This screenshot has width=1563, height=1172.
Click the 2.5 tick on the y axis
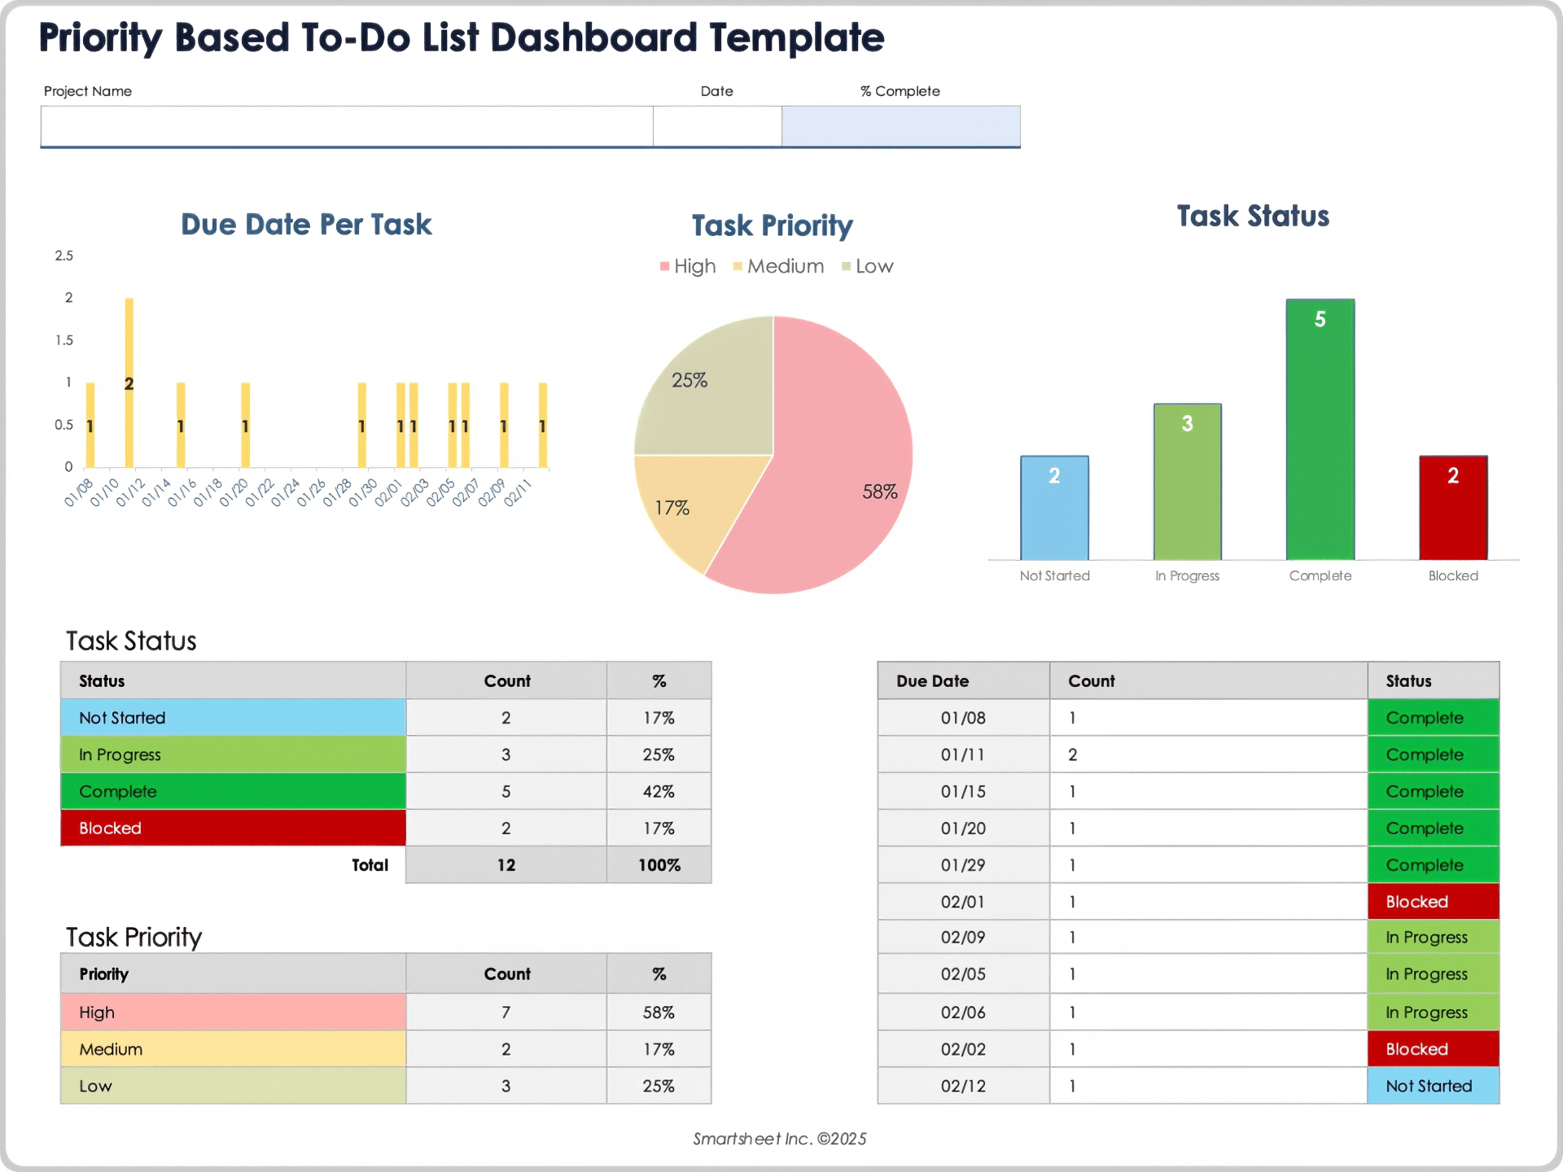pos(63,256)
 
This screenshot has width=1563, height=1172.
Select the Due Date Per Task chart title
pos(306,225)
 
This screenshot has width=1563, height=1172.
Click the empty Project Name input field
pos(346,126)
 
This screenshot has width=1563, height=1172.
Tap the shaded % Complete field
pos(900,126)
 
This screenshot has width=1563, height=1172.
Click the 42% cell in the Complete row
pos(659,791)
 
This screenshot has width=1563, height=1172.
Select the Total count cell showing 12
pos(506,865)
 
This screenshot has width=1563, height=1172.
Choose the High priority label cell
pos(233,1012)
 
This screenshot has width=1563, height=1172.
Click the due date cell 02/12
pos(963,1086)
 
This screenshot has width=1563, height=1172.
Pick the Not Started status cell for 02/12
pos(1433,1086)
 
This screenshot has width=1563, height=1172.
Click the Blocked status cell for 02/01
pos(1433,902)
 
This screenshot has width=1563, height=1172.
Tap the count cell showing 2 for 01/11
pos(1208,754)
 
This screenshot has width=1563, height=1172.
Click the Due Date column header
pos(963,681)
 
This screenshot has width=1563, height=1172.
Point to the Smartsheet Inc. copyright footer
pos(779,1139)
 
